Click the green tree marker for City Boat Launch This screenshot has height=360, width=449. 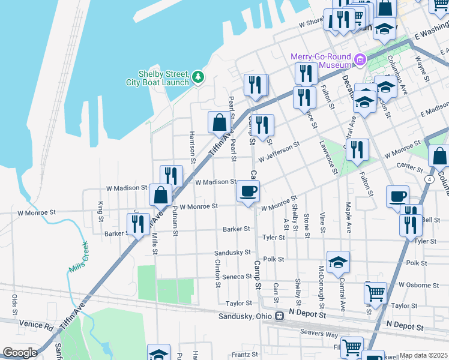click(x=198, y=76)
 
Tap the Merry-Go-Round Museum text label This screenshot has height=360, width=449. click(x=321, y=60)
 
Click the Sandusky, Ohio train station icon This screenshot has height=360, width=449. click(x=279, y=316)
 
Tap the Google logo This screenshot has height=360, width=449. click(x=20, y=353)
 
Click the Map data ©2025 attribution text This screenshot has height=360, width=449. click(x=424, y=355)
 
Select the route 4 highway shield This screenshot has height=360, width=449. click(x=430, y=179)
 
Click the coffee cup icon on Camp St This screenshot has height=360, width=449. click(x=249, y=192)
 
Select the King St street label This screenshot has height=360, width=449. click(x=100, y=211)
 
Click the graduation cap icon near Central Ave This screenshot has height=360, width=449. click(x=339, y=262)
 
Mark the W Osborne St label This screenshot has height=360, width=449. click(x=414, y=285)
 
